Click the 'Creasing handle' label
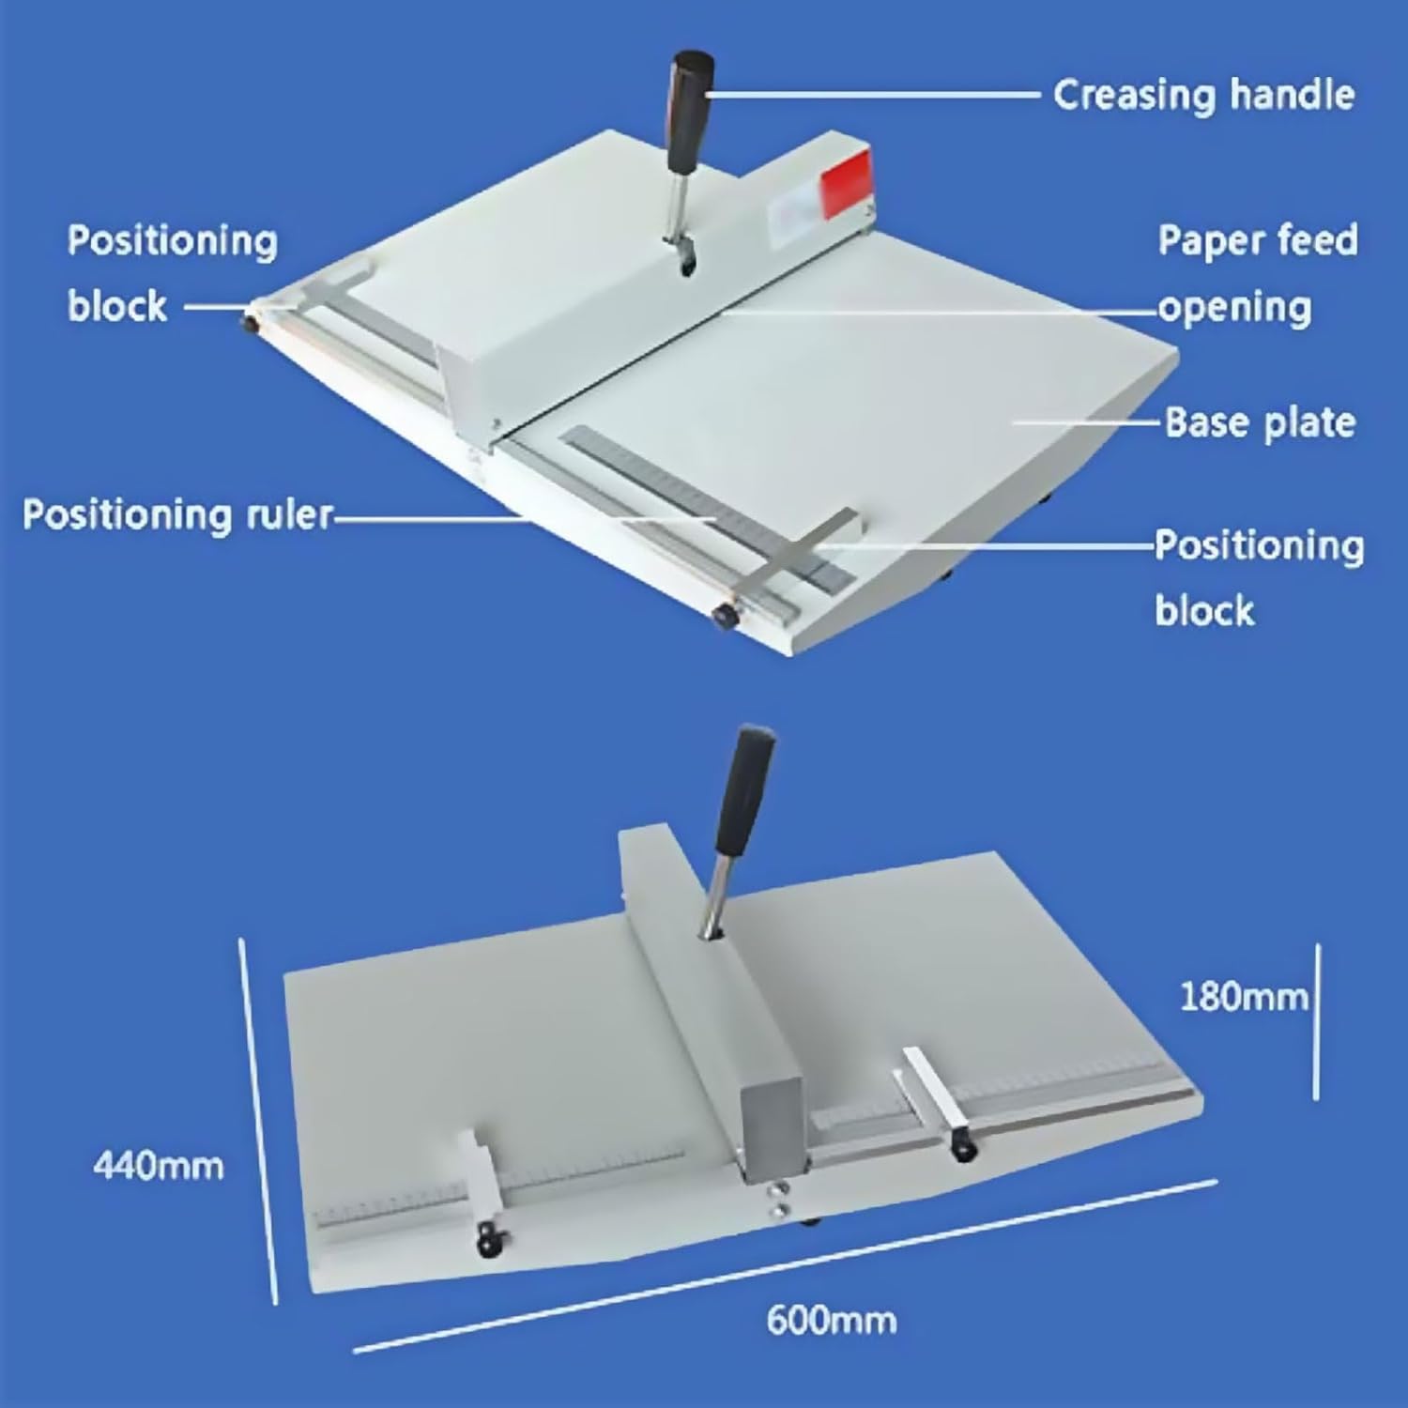(x=1203, y=95)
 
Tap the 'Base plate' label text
(x=1260, y=422)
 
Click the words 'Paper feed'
(x=1258, y=240)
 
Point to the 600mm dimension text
(x=832, y=1320)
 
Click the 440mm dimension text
(x=159, y=1166)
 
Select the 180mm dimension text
(x=1243, y=996)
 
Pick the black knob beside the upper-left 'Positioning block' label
(x=251, y=325)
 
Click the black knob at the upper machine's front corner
(x=725, y=616)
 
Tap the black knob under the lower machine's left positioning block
(x=487, y=1245)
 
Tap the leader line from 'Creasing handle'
(x=873, y=95)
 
